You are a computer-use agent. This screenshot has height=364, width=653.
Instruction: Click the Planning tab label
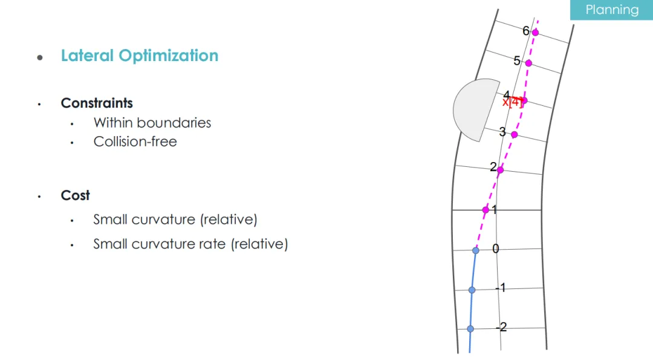(612, 10)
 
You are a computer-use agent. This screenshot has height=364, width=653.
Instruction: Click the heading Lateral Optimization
(140, 56)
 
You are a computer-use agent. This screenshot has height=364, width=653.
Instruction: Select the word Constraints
(97, 103)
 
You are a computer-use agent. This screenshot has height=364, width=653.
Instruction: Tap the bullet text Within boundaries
(152, 123)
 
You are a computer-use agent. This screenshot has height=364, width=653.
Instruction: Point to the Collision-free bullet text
(135, 141)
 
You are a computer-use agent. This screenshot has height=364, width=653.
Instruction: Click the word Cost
(75, 195)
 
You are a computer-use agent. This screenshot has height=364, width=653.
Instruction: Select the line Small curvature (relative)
(175, 219)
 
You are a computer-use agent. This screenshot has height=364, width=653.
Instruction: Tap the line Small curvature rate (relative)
(190, 244)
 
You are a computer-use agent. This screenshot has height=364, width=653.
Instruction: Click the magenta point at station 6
(535, 33)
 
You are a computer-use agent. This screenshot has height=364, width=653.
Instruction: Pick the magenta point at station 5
(528, 63)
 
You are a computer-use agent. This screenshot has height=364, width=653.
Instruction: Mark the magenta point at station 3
(515, 134)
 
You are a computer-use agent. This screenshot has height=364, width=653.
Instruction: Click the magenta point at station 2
(500, 170)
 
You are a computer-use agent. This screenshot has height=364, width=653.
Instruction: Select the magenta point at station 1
(486, 210)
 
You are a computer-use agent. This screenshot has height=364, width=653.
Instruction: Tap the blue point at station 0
(476, 250)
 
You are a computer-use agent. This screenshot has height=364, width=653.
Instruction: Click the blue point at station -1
(472, 290)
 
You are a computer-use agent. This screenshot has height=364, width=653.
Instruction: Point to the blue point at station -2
(470, 329)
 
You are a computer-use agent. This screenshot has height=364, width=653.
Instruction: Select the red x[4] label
(512, 102)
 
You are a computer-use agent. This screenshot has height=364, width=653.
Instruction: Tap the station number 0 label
(496, 249)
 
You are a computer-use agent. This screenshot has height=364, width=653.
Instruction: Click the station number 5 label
(517, 61)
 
